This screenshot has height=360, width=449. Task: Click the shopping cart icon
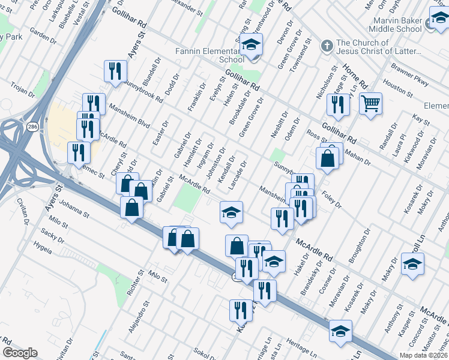point(370,104)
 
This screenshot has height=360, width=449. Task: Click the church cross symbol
point(327,46)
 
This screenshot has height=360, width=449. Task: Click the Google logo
point(20,353)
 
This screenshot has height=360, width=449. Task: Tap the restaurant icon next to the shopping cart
point(338,104)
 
